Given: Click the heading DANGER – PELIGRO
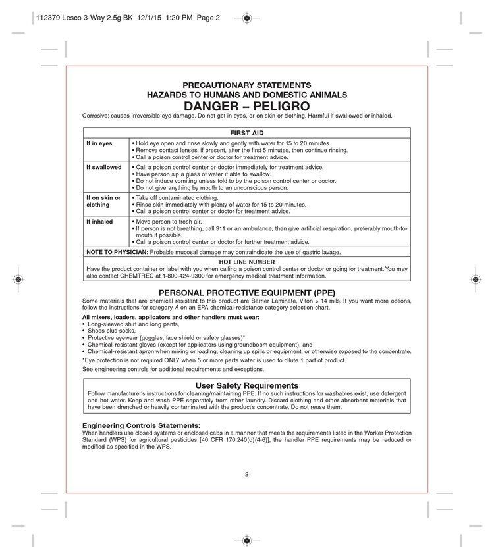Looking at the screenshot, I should tap(246, 105).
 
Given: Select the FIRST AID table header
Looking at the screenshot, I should tap(246, 132).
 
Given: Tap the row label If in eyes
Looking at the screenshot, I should tap(99, 143).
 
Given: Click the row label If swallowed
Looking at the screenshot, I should tap(104, 168).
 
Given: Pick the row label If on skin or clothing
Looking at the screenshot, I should tap(103, 201).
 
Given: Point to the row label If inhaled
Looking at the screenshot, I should tap(100, 222).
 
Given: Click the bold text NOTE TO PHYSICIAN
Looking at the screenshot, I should tap(117, 252).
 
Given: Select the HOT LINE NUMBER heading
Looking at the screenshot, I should tap(246, 261).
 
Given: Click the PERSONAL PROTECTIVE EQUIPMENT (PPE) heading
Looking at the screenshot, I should tap(246, 292).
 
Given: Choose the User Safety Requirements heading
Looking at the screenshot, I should tap(246, 385).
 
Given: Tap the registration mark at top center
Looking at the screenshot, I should tap(246, 18).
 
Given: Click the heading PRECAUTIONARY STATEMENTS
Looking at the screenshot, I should tap(246, 85).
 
